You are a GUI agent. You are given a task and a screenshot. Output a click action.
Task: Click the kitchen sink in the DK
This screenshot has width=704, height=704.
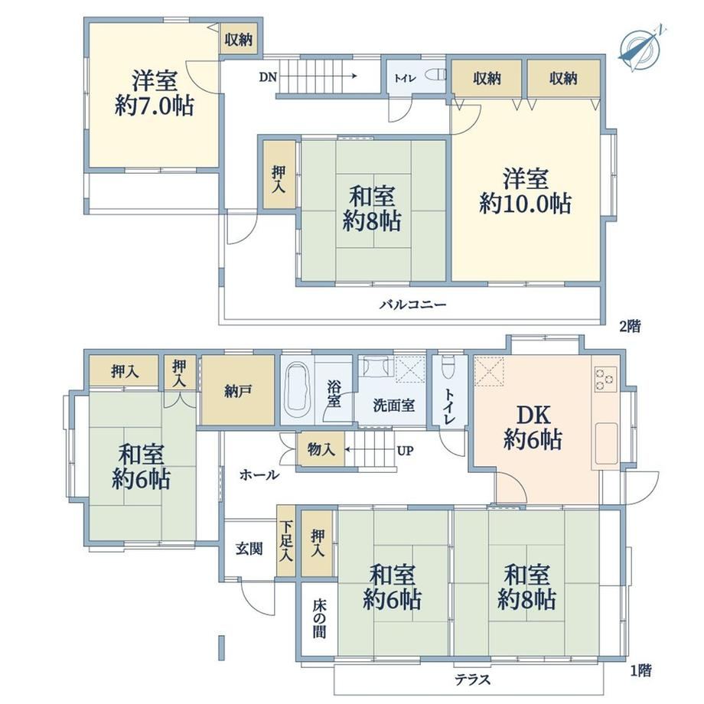pyautogui.click(x=606, y=444)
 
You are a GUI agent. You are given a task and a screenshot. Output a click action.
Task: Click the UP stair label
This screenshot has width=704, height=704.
pyautogui.click(x=406, y=450)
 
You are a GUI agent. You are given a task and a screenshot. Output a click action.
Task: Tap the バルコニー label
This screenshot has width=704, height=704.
pyautogui.click(x=413, y=305)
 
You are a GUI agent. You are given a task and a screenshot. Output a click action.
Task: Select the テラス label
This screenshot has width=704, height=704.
pyautogui.click(x=472, y=680)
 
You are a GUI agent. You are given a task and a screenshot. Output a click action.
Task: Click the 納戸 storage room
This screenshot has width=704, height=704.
pyautogui.click(x=238, y=389)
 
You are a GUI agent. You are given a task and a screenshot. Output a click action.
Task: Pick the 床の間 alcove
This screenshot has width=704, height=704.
pyautogui.click(x=319, y=619)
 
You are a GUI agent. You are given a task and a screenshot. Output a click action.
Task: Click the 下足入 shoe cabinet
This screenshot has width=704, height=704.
pyautogui.click(x=285, y=541)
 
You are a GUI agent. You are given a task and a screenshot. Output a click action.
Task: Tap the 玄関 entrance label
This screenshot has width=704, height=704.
pyautogui.click(x=249, y=548)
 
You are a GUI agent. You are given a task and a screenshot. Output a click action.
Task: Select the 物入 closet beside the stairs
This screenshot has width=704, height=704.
pyautogui.click(x=321, y=449)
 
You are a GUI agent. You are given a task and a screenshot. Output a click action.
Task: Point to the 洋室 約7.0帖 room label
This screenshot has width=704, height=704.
pyautogui.click(x=154, y=93)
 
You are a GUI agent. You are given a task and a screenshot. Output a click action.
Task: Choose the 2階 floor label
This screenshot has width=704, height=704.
pyautogui.click(x=630, y=326)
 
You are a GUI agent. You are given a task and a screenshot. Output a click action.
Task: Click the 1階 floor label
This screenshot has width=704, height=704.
pyautogui.click(x=640, y=671)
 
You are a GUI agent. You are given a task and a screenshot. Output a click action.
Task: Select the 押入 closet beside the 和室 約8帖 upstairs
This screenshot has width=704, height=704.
pyautogui.click(x=279, y=174)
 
